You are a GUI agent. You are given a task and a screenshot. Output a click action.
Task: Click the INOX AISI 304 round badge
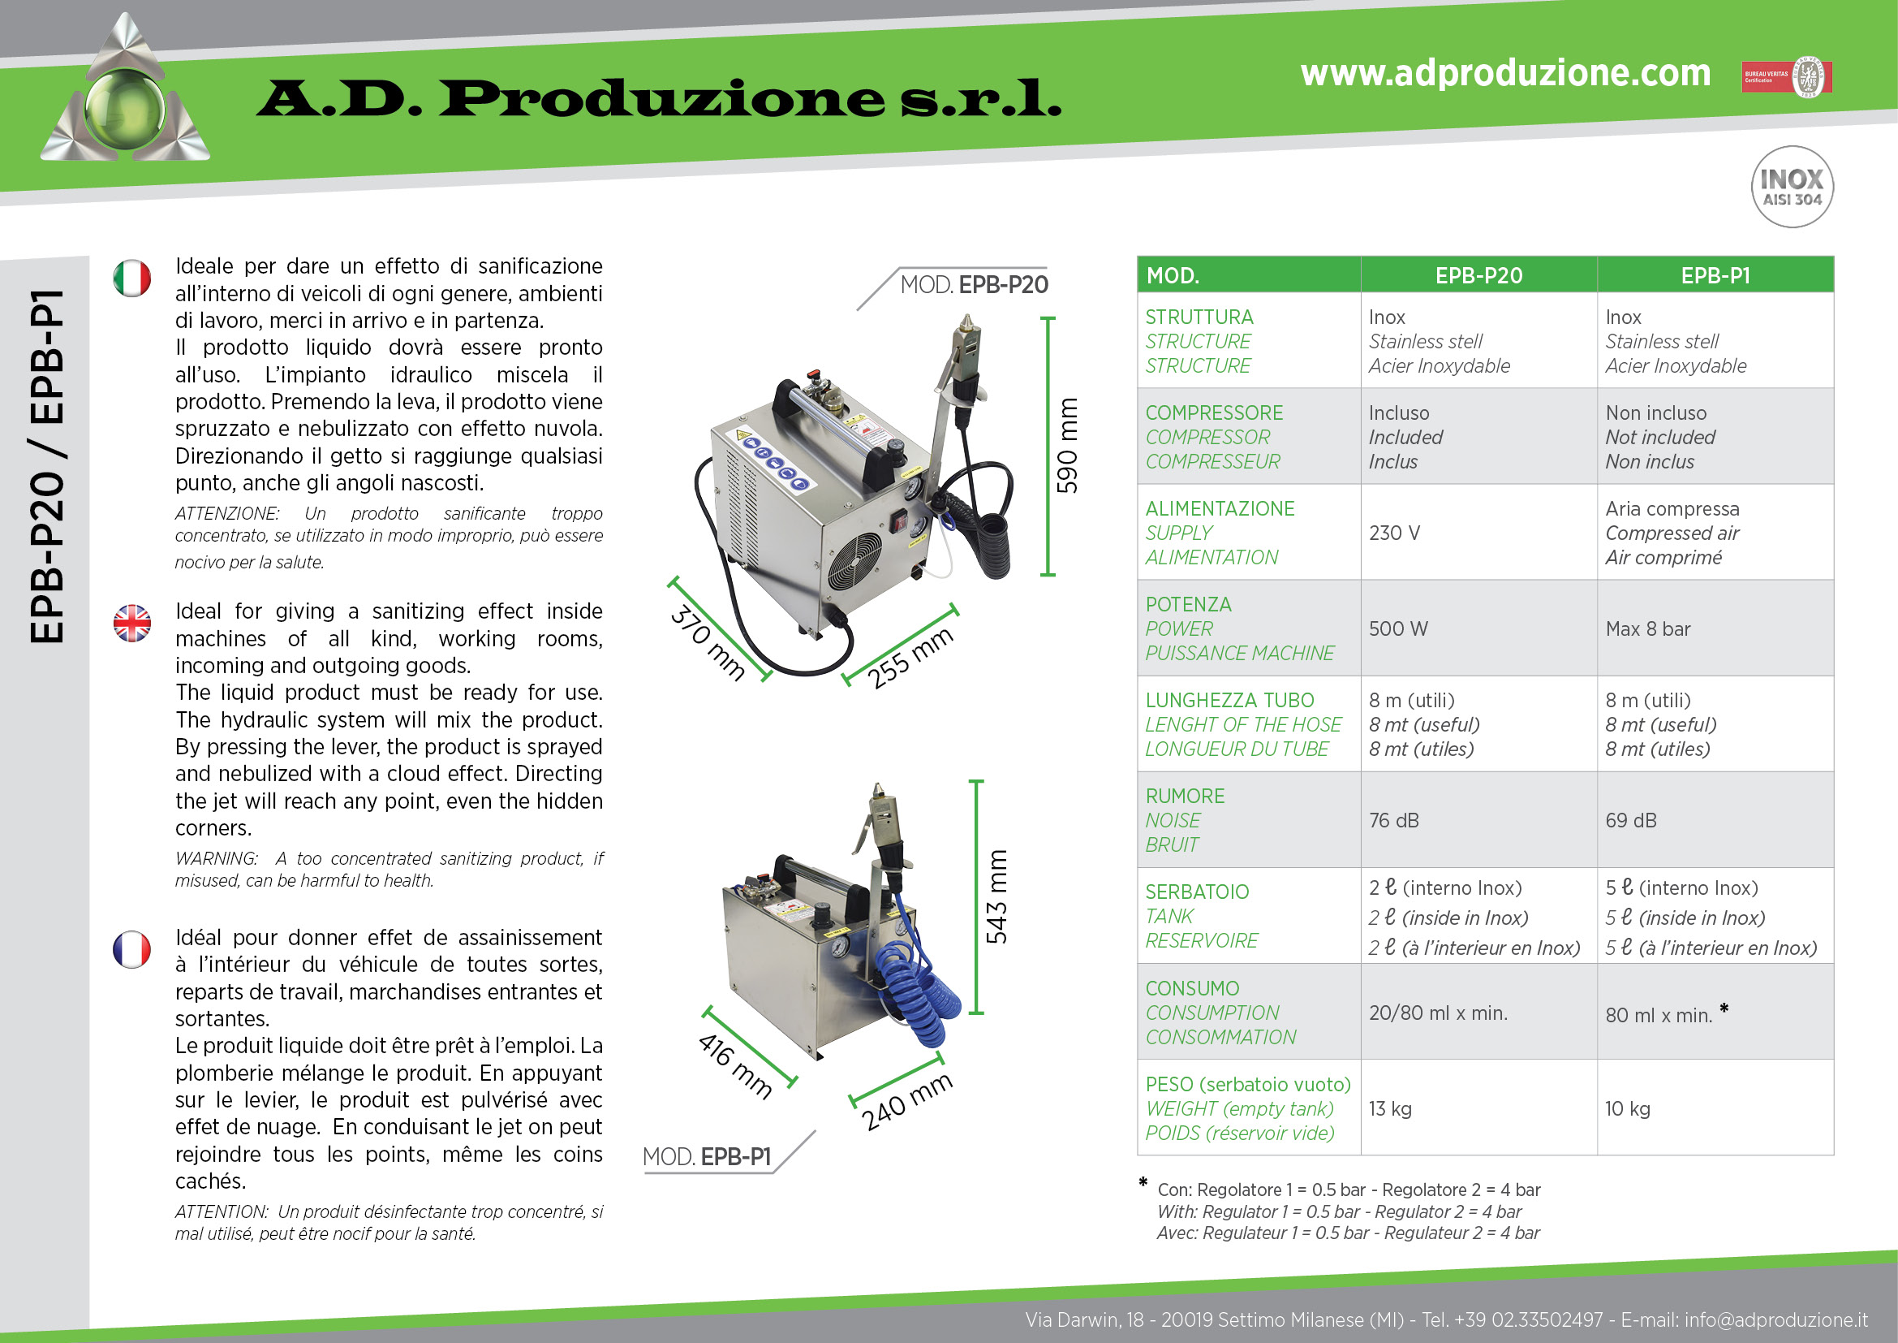click(1792, 187)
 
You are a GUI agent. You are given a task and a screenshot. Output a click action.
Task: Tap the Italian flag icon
click(132, 278)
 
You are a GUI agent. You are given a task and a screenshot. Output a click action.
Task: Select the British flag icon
click(132, 623)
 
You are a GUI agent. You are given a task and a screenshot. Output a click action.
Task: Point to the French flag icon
click(132, 949)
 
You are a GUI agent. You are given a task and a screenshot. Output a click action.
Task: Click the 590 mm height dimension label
click(1067, 446)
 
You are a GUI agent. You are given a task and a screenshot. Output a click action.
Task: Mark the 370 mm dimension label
click(708, 642)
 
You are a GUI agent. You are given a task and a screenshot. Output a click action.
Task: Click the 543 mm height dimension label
click(996, 896)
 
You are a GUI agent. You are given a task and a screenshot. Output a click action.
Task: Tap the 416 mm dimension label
click(735, 1067)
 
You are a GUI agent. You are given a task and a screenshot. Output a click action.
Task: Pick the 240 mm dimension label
click(907, 1102)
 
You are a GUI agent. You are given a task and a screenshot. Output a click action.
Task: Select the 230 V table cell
click(1395, 533)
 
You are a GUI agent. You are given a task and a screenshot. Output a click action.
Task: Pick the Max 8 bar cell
click(1647, 628)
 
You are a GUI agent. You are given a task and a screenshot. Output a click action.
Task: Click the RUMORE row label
click(1185, 797)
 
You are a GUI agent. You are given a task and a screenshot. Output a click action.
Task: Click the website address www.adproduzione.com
click(1505, 73)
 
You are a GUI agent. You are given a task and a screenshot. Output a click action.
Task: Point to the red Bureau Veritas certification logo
click(1786, 77)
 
